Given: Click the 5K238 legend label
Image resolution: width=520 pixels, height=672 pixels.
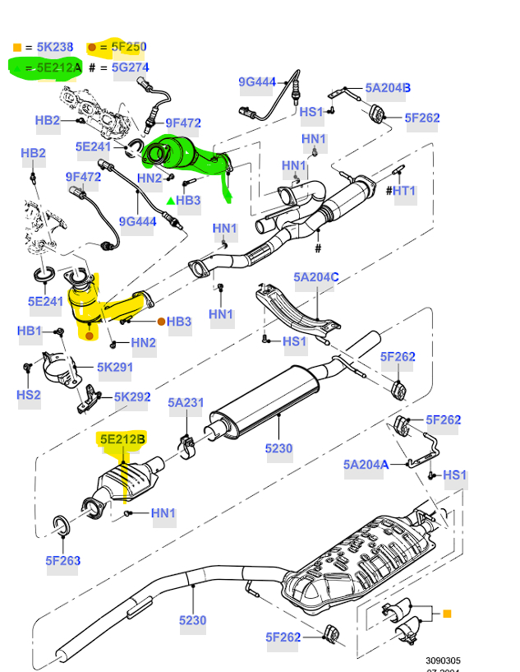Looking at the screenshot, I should (x=51, y=48).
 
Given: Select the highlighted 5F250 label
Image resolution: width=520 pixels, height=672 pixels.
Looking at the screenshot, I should (x=129, y=48).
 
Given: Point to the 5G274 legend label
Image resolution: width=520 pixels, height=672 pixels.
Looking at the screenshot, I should (x=130, y=68).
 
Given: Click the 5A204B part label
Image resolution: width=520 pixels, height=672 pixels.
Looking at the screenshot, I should (x=388, y=88).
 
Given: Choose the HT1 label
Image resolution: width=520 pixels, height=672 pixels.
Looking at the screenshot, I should (x=404, y=192).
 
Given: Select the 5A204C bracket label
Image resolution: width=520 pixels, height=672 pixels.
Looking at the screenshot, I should (x=316, y=278).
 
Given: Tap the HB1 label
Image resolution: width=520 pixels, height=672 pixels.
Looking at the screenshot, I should (x=30, y=331).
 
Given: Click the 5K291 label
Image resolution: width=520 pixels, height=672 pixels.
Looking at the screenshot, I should (x=115, y=368).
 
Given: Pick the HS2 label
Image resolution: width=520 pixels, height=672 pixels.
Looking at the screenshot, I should (x=29, y=395).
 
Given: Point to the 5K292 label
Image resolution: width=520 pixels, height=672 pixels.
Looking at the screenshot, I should (x=132, y=397).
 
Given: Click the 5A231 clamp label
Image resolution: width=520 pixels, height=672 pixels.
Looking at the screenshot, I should (x=186, y=403).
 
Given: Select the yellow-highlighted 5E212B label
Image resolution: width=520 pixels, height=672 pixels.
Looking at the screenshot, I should (x=122, y=440).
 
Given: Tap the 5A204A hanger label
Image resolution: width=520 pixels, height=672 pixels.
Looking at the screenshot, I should (x=366, y=465).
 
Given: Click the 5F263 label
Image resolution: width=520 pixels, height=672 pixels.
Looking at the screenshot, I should (x=63, y=561).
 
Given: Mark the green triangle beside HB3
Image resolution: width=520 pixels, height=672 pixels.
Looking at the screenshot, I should (x=170, y=201).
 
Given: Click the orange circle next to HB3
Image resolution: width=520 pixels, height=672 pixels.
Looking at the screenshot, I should (x=161, y=322).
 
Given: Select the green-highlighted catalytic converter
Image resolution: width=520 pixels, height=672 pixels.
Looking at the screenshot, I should (x=185, y=155).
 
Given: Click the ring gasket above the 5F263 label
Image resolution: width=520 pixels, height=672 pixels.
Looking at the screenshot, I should (x=61, y=524).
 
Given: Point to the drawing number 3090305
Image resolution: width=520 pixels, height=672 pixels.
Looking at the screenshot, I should (x=443, y=660).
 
